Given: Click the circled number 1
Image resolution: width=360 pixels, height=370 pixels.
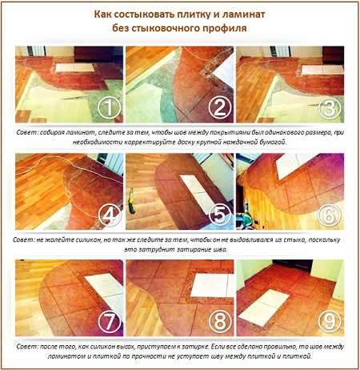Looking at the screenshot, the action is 109,108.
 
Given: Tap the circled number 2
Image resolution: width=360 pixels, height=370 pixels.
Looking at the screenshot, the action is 219,108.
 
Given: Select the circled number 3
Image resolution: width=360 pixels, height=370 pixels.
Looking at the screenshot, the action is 330,108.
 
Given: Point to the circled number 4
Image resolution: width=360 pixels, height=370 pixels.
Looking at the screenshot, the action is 110,215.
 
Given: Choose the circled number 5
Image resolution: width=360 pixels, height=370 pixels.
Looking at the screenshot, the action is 220,215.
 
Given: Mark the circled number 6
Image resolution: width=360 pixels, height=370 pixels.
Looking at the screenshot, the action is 330,215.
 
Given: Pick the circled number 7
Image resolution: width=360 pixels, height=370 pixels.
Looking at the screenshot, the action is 110,322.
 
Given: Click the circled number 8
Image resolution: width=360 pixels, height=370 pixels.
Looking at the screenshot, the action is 220,322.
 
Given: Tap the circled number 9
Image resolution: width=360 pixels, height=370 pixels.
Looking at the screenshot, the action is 330,322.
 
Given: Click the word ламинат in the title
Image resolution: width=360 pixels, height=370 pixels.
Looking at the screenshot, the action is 243,14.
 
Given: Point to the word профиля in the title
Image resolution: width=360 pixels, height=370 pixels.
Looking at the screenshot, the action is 224,28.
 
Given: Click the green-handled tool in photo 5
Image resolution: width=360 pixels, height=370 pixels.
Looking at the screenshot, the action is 131,201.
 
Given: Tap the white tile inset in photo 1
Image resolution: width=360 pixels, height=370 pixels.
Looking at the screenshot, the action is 75,68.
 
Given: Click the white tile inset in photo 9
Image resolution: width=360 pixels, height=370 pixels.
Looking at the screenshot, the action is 264,307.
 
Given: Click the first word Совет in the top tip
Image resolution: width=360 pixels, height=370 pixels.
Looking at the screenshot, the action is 27,133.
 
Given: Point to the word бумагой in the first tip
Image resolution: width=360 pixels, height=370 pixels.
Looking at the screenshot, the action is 274,143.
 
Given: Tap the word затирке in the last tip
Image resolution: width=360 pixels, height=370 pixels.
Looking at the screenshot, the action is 194,347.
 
